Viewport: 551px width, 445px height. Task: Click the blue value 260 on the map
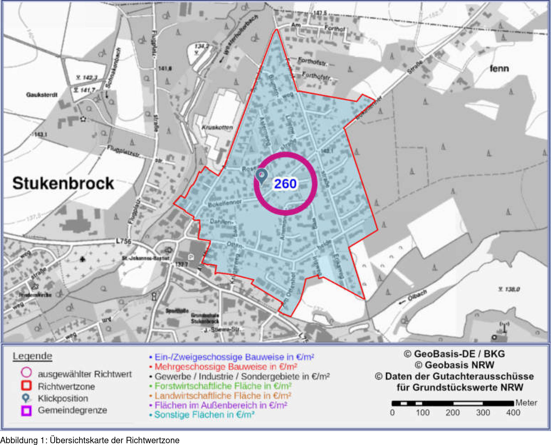coord(285,184)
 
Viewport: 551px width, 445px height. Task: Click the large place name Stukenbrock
coord(63,183)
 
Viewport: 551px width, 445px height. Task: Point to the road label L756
coord(124,241)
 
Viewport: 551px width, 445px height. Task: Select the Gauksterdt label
coord(42,95)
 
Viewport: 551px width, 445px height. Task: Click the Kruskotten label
coord(217,128)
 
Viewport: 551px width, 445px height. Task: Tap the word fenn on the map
coord(499,69)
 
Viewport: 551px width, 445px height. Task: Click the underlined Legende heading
coord(32,356)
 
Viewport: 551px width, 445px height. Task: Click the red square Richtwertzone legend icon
coord(26,385)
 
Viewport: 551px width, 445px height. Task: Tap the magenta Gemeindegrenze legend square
coord(26,410)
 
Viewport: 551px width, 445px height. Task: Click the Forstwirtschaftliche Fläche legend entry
coord(223,386)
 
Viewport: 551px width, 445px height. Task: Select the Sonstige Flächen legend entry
coord(204,414)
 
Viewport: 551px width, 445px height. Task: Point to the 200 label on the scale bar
coord(452,413)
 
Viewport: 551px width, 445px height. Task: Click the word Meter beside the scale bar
coord(526,403)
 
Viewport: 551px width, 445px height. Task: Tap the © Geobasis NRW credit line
coord(454,365)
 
